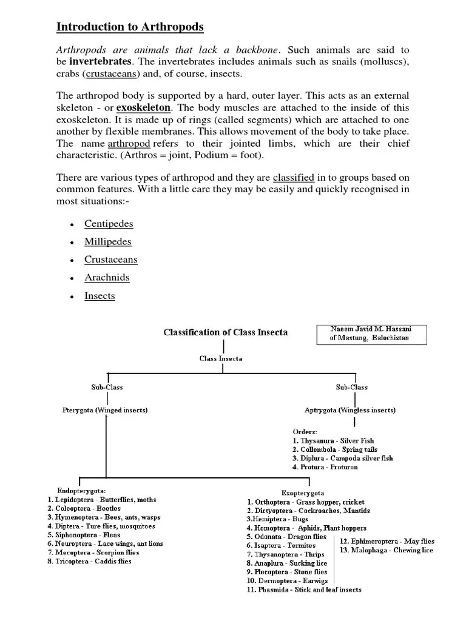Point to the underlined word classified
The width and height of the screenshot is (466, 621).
293,178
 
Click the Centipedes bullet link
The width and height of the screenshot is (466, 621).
109,224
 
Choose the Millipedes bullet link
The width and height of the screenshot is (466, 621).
108,241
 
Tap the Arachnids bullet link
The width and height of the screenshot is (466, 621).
107,278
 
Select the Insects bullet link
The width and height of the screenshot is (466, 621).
100,296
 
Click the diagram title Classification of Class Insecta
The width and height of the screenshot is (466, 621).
225,332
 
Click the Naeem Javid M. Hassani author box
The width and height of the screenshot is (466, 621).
371,334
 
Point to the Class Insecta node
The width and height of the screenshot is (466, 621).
221,358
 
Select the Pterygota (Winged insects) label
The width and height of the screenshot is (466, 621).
105,411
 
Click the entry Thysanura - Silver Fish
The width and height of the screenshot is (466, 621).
333,441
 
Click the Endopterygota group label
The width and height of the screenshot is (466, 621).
82,490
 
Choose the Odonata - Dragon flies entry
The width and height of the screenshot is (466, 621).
286,537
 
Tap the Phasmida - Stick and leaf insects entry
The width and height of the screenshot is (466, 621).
304,589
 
